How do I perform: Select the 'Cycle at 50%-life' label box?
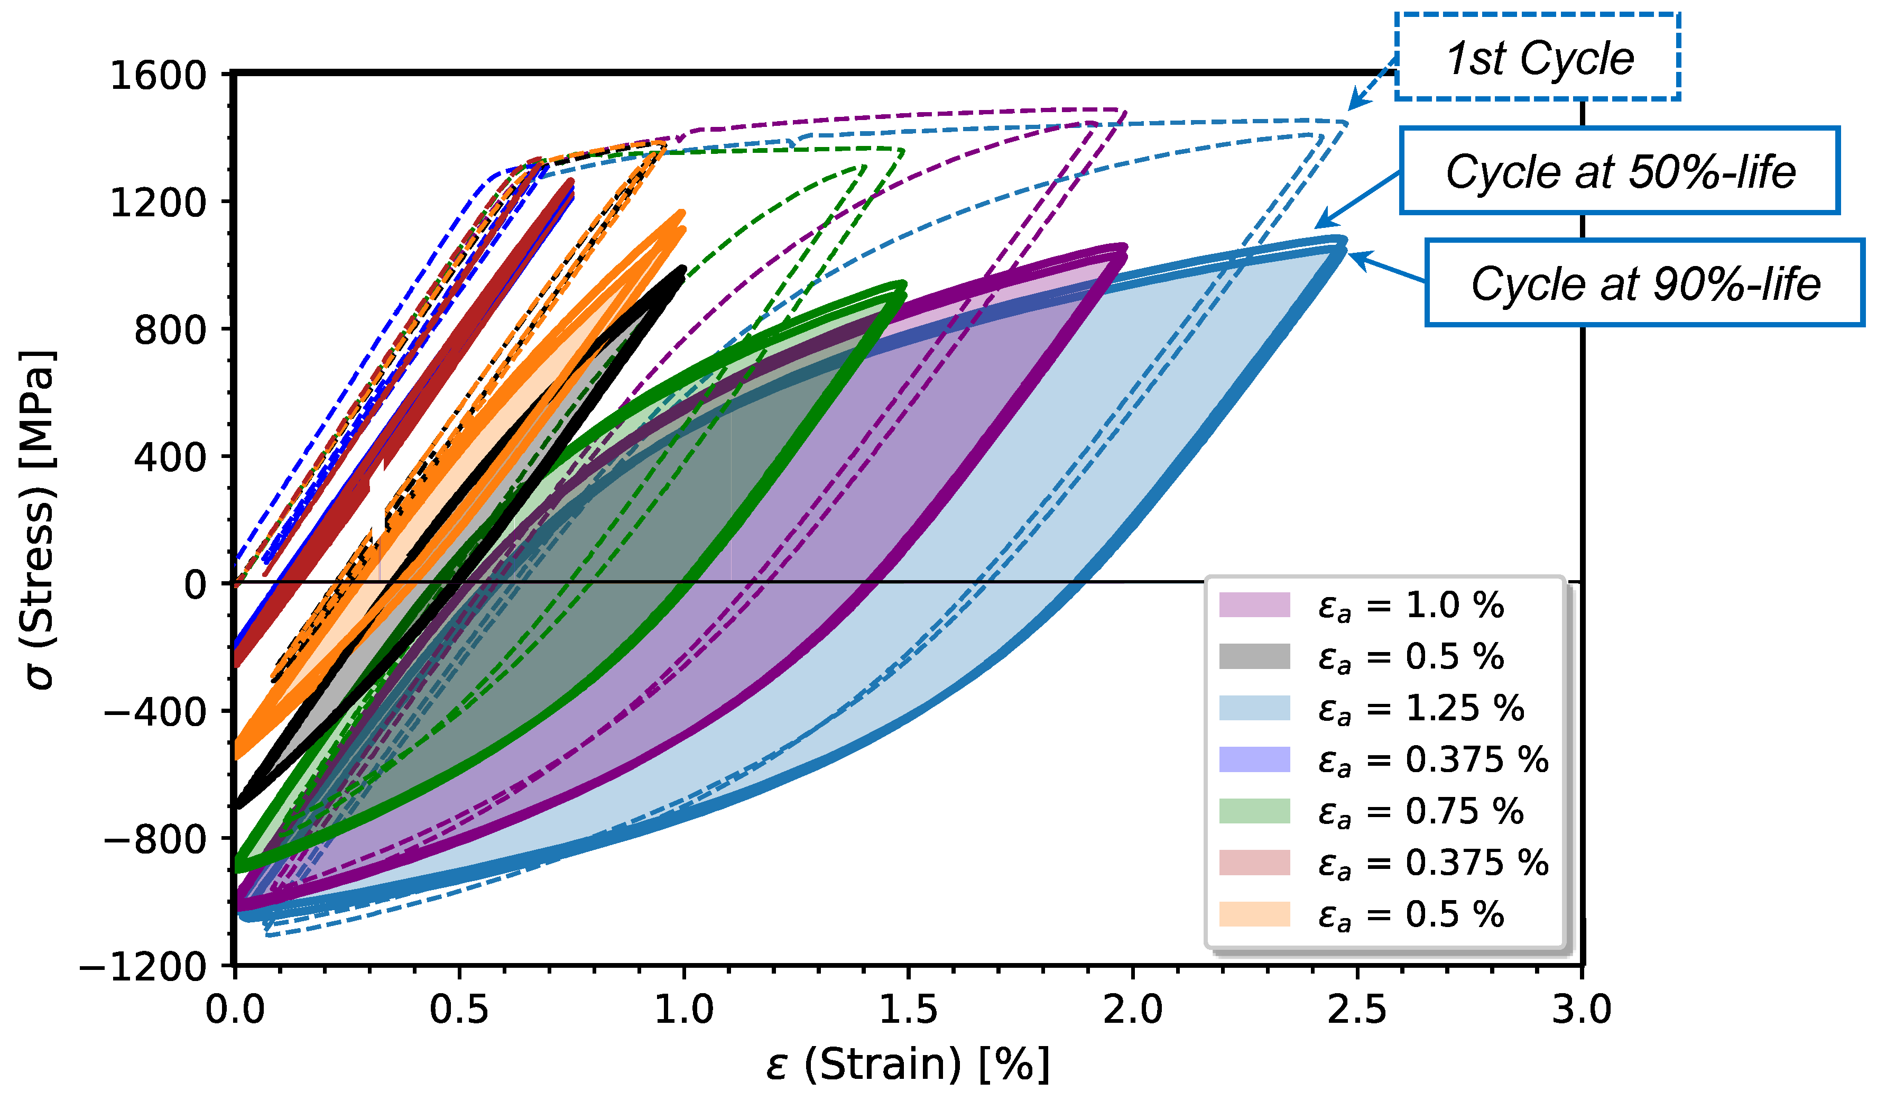1619,171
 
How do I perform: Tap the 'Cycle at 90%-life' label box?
1644,283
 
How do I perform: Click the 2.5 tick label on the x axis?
1356,1010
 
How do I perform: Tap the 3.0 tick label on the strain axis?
1580,1010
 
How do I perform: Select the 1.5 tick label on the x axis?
908,1010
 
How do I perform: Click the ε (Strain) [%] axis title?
908,1064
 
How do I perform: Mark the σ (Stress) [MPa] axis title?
38,519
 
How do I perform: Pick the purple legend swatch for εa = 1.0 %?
1254,605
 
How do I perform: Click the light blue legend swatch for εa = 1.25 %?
1254,708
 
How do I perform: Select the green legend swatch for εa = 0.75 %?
1254,811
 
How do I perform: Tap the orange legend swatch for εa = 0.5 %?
1254,914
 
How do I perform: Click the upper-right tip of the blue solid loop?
1343,241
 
